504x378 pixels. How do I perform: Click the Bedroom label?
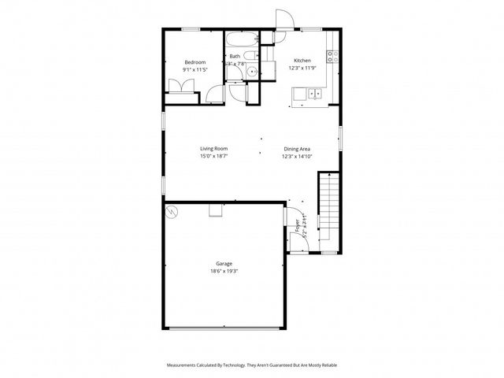pyautogui.click(x=195, y=62)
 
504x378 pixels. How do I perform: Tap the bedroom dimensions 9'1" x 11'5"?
pyautogui.click(x=195, y=70)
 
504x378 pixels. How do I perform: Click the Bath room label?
pyautogui.click(x=235, y=56)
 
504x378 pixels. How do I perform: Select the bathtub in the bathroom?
pyautogui.click(x=240, y=39)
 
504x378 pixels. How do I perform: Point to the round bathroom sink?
pyautogui.click(x=251, y=72)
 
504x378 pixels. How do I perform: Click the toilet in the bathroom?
pyautogui.click(x=248, y=55)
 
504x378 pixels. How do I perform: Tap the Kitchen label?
pyautogui.click(x=302, y=61)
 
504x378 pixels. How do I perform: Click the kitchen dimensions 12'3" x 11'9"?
pyautogui.click(x=302, y=69)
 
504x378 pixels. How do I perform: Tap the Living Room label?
pyautogui.click(x=213, y=148)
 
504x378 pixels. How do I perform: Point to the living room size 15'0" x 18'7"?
pyautogui.click(x=213, y=156)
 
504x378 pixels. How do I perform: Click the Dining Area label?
pyautogui.click(x=297, y=148)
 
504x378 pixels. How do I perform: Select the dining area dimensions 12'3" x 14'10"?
pyautogui.click(x=297, y=156)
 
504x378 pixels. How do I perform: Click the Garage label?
pyautogui.click(x=224, y=264)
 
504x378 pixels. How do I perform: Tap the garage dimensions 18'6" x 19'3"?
pyautogui.click(x=224, y=272)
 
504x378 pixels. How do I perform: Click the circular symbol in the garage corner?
pyautogui.click(x=171, y=212)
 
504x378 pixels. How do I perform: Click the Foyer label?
pyautogui.click(x=298, y=228)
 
